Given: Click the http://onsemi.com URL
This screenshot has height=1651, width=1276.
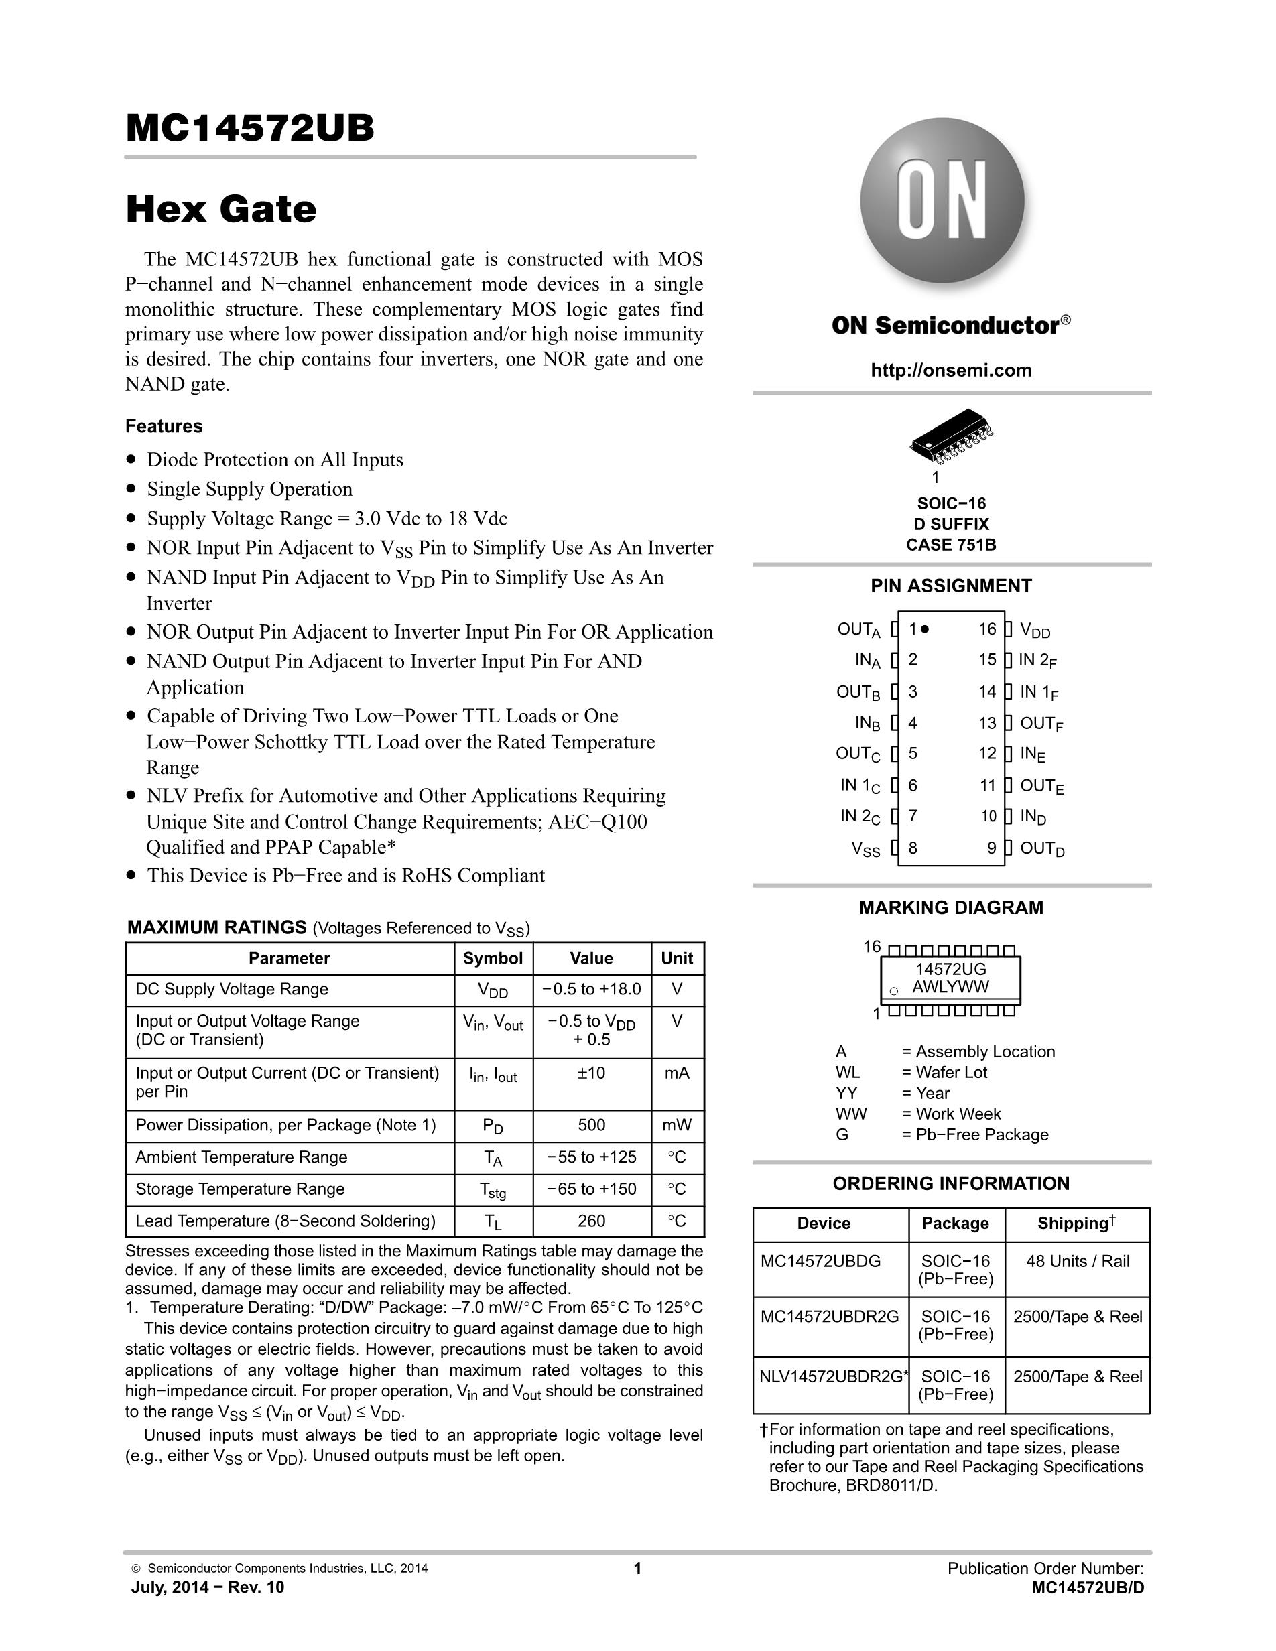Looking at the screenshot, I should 951,370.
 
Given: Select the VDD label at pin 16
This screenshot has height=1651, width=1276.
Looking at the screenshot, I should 1035,630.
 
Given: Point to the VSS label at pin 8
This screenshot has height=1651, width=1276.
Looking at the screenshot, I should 867,849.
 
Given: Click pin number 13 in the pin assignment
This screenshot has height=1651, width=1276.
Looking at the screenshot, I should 987,724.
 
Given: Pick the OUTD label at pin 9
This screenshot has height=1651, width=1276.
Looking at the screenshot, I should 1042,849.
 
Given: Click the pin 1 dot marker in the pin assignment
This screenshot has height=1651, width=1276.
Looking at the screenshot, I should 926,629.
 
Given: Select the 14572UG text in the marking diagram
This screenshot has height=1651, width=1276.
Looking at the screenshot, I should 951,969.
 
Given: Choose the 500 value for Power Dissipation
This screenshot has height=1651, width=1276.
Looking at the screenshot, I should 591,1125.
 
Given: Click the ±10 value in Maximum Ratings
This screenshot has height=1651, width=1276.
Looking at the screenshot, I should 591,1073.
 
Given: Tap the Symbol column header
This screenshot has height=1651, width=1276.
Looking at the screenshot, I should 493,959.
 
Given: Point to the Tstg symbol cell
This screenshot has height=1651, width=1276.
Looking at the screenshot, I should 493,1190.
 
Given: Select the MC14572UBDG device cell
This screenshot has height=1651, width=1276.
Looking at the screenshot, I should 821,1261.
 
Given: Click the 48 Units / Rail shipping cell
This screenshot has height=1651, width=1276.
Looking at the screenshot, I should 1078,1261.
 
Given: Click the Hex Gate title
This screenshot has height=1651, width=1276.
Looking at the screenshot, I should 220,210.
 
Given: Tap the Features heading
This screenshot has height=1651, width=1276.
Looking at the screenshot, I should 164,426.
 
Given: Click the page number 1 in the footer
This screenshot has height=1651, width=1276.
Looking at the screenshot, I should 637,1569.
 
